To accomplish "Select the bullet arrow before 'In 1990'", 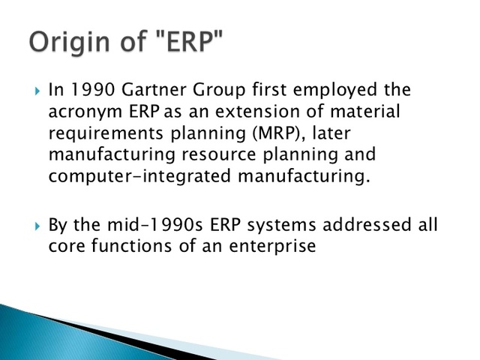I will [x=37, y=91].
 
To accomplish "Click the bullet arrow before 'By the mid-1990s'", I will [x=37, y=226].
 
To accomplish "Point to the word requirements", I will [x=100, y=134].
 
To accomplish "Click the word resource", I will [x=224, y=155].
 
